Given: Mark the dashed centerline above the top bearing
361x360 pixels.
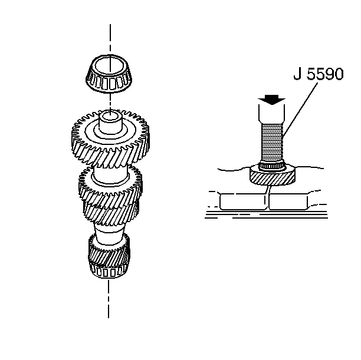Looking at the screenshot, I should (x=109, y=38).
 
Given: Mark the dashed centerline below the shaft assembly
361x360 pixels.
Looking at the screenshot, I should (x=109, y=300).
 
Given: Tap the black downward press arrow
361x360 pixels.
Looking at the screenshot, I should (x=271, y=98).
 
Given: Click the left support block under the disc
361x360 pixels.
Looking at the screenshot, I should (x=241, y=202).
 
